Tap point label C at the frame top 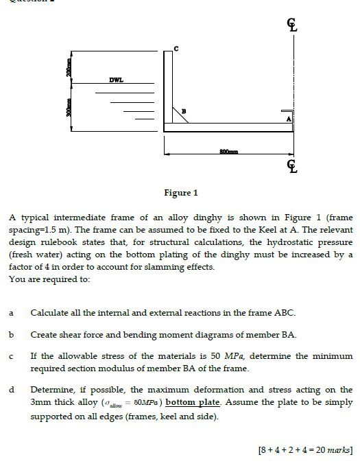click(x=176, y=47)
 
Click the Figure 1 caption click(x=180, y=193)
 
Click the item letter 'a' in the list click(x=11, y=313)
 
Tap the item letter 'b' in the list click(x=11, y=334)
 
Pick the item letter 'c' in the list click(x=11, y=356)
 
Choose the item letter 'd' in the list click(x=11, y=389)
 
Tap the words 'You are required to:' click(x=46, y=279)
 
